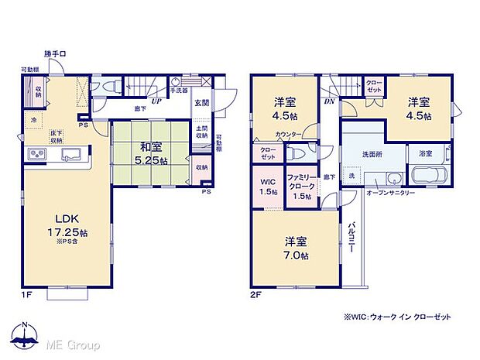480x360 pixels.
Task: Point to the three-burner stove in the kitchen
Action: [38, 155]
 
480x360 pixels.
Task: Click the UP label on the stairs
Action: [156, 101]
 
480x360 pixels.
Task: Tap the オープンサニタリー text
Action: [390, 192]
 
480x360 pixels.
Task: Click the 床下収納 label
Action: [57, 137]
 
